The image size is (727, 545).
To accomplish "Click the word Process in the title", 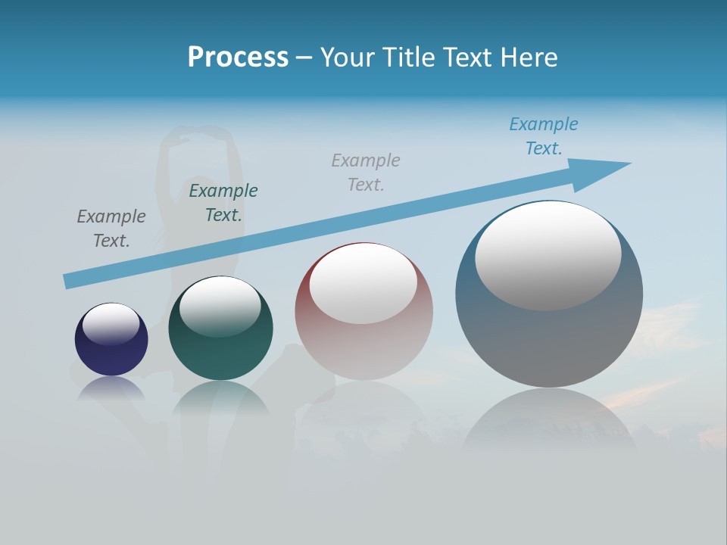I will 238,58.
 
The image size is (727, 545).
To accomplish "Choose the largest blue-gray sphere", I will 549,333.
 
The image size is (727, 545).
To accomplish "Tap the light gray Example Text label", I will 366,172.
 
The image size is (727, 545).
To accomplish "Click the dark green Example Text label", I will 223,202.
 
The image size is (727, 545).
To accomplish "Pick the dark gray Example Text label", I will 111,228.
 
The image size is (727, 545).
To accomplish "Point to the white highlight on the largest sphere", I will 548,256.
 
